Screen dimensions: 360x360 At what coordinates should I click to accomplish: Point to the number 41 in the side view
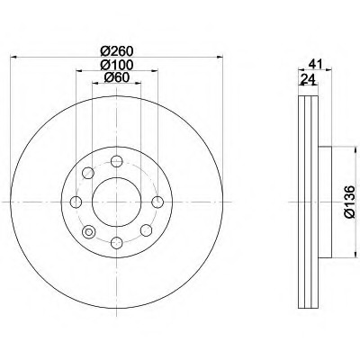tap(314, 64)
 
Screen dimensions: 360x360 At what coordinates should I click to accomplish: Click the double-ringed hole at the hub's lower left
tap(88, 233)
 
